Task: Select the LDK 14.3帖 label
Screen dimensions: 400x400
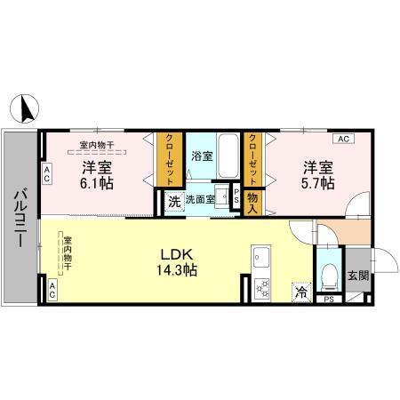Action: (178, 258)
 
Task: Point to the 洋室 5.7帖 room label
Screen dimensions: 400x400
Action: (317, 173)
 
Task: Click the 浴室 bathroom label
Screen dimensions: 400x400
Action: (202, 156)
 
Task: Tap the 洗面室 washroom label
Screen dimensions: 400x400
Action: (200, 200)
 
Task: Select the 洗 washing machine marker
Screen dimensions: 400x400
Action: (174, 201)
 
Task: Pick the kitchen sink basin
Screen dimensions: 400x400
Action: (261, 260)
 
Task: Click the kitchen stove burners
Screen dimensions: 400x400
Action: (261, 286)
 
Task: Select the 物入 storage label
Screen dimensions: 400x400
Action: (252, 202)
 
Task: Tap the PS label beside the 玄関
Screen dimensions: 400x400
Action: (329, 300)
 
